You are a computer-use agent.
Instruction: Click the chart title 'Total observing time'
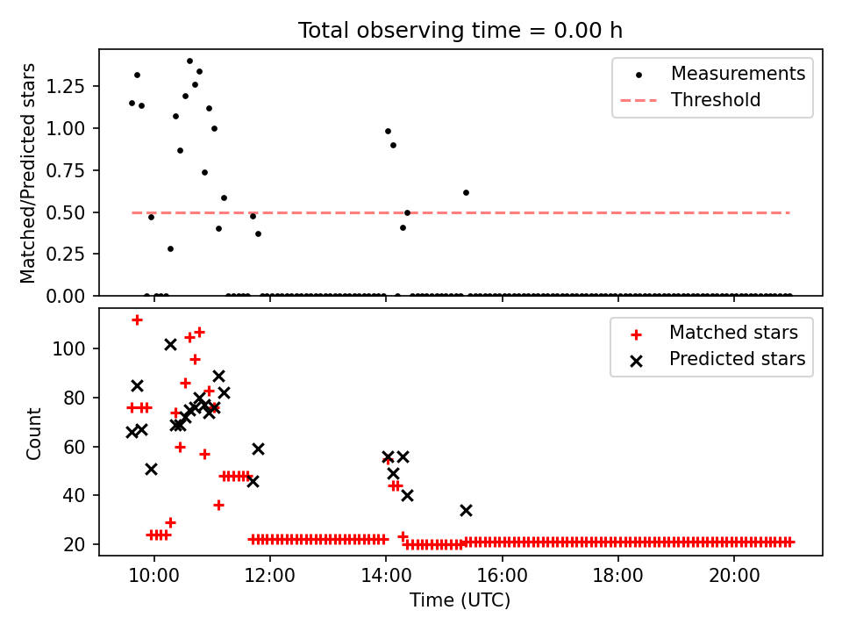pyautogui.click(x=460, y=31)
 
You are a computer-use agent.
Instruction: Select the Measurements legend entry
pyautogui.click(x=738, y=74)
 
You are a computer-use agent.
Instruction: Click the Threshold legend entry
pyautogui.click(x=716, y=100)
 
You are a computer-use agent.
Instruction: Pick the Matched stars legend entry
pyautogui.click(x=733, y=333)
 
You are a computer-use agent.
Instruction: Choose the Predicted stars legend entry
pyautogui.click(x=737, y=359)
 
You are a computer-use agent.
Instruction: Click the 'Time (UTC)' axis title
pyautogui.click(x=460, y=601)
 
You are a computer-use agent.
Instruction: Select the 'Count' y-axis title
pyautogui.click(x=34, y=433)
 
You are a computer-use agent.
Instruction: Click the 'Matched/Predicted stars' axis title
pyautogui.click(x=29, y=173)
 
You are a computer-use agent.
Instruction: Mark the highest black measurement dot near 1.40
pyautogui.click(x=189, y=61)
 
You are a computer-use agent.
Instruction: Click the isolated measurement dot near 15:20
pyautogui.click(x=466, y=192)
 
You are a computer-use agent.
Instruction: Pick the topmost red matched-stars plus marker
pyautogui.click(x=137, y=320)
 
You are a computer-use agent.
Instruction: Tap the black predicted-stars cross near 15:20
pyautogui.click(x=466, y=510)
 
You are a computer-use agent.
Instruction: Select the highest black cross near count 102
pyautogui.click(x=170, y=344)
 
